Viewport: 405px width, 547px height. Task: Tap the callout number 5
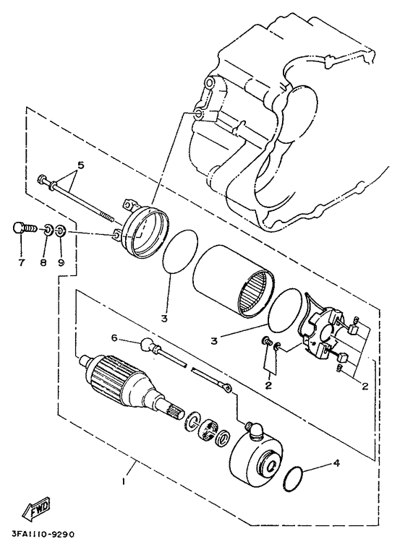point(81,165)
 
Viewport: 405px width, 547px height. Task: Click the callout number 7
point(22,262)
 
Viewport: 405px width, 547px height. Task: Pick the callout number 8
point(43,262)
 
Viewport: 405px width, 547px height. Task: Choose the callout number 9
point(61,262)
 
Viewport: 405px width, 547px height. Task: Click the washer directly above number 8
point(45,231)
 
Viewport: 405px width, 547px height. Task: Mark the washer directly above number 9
point(61,231)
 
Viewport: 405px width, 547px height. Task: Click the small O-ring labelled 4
point(293,477)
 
